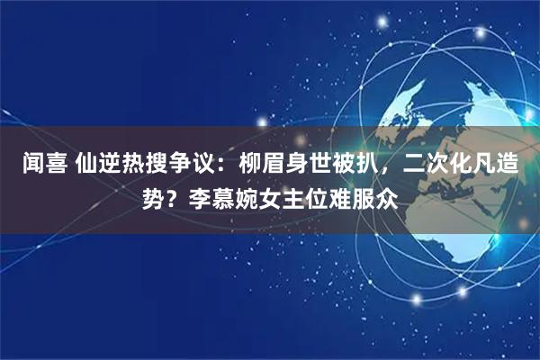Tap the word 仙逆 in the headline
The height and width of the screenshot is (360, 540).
coord(103,166)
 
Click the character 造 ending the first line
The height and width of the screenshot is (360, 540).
coord(520,166)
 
